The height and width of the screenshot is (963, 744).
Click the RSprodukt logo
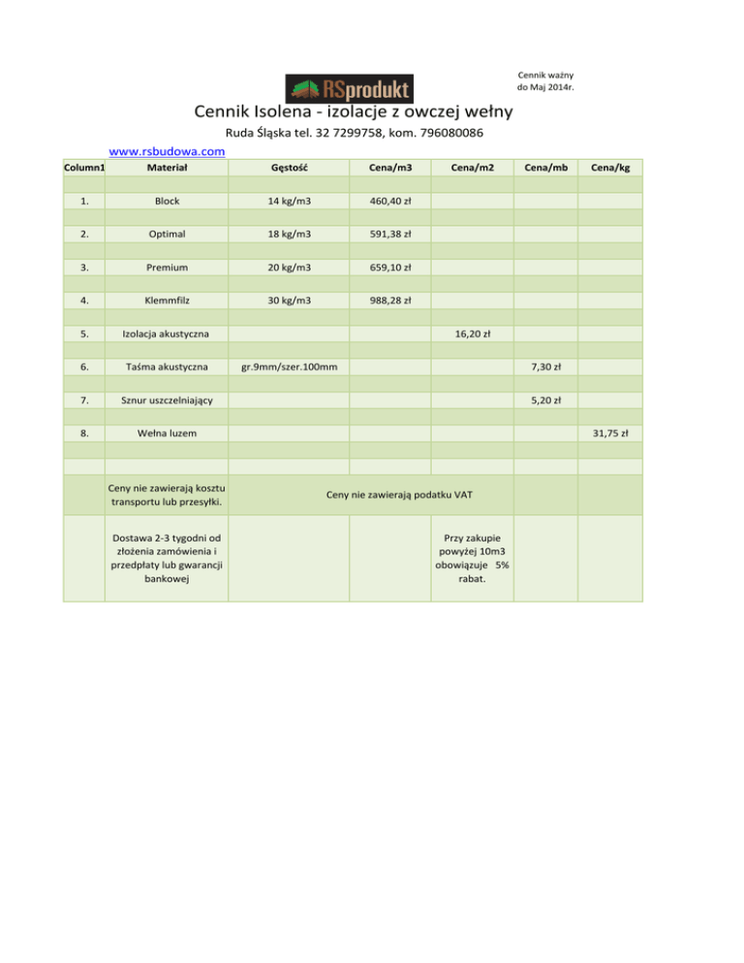click(x=349, y=88)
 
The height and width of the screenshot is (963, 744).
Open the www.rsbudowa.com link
click(x=168, y=151)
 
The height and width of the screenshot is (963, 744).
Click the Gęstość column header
click(x=291, y=168)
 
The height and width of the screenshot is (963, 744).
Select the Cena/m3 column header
click(x=391, y=168)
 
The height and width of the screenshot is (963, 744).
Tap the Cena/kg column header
click(x=611, y=168)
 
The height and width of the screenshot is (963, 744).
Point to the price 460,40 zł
click(x=391, y=201)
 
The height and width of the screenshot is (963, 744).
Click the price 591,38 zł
click(x=391, y=233)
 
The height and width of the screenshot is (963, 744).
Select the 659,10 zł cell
click(x=391, y=266)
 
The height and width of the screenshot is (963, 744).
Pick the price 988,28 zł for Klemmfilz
click(x=391, y=300)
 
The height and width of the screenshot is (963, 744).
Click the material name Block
click(x=168, y=201)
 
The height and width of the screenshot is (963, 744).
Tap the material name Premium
click(x=168, y=266)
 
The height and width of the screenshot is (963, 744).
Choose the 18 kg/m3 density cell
click(x=291, y=233)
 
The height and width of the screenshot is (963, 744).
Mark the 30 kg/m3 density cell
click(x=291, y=300)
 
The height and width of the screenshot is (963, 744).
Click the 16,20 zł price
click(x=472, y=333)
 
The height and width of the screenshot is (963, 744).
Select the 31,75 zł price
click(x=611, y=433)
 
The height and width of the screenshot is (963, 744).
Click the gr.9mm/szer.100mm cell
click(x=290, y=367)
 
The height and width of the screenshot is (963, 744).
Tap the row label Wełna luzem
click(x=168, y=433)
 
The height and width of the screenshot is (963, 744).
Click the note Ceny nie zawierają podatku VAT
click(x=399, y=495)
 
